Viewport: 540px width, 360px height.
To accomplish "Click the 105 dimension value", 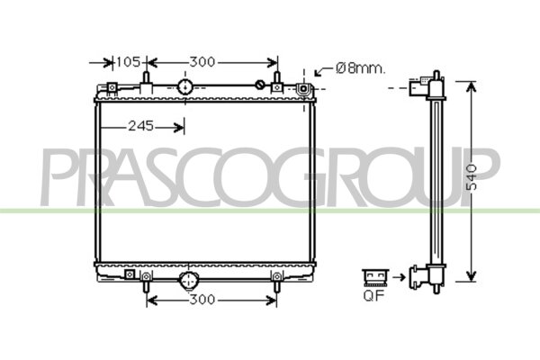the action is point(128,62).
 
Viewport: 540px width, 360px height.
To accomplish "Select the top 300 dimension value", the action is point(202,62).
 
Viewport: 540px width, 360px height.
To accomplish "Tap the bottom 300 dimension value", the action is point(202,300).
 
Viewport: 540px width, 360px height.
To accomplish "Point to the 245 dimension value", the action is point(140,126).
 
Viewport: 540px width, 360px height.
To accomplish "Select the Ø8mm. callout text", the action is point(360,68).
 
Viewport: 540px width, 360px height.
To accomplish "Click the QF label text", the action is point(373,296).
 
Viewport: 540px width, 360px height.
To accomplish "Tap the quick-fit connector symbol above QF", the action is point(375,277).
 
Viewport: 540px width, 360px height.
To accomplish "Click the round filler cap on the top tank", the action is point(184,86).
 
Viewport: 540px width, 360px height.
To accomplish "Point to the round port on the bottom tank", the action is point(189,280).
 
